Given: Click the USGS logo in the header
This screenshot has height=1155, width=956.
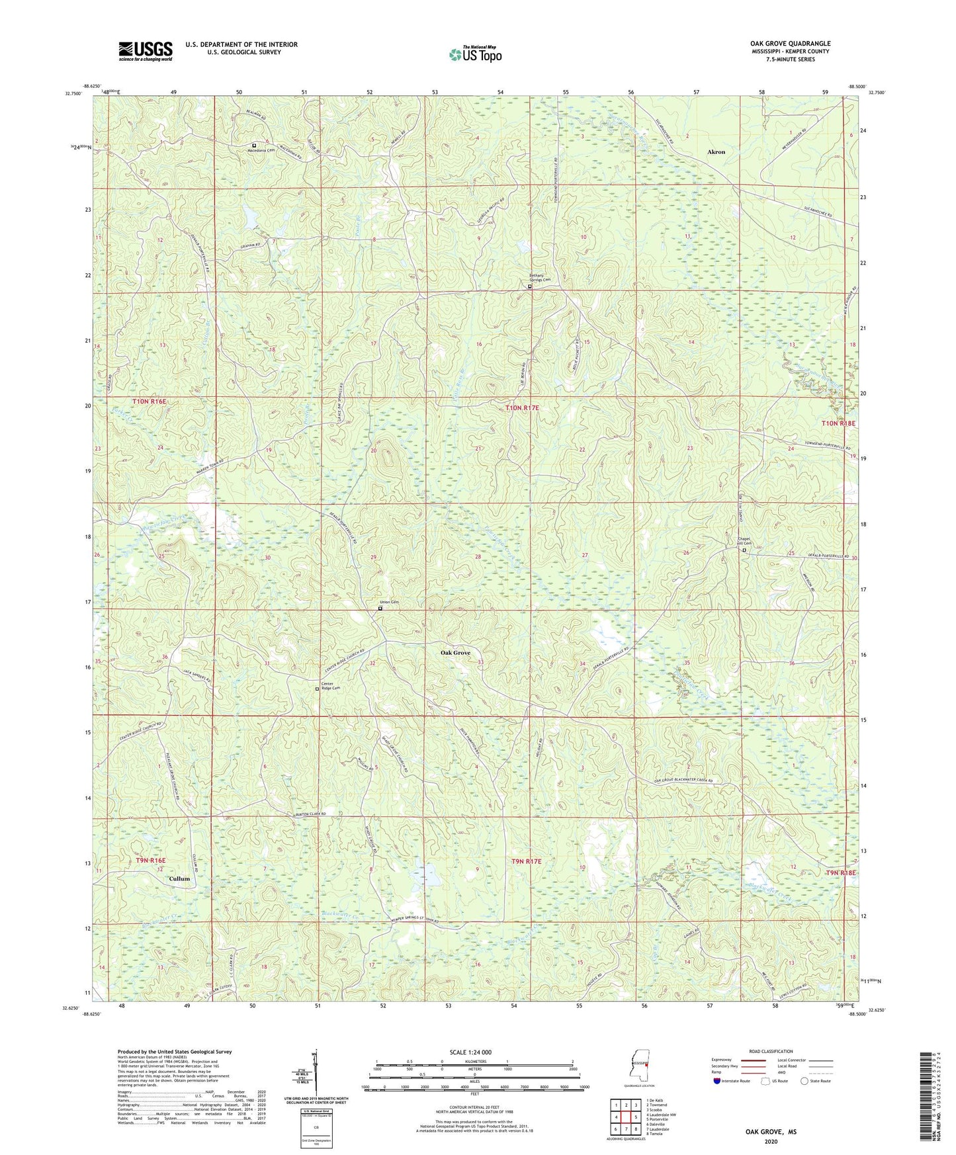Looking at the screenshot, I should (x=146, y=50).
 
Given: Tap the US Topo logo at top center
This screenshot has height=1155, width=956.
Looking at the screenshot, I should (x=475, y=54).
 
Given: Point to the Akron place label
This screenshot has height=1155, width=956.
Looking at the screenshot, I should (x=716, y=152).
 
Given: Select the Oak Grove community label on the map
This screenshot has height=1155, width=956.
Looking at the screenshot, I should (x=455, y=653).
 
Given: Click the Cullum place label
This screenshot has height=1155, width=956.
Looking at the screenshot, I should (x=179, y=879).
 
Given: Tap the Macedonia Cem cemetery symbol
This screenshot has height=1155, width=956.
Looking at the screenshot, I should (x=254, y=145).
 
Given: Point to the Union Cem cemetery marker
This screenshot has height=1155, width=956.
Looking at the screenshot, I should (x=380, y=609).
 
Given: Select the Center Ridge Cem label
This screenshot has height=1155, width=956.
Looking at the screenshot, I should (x=331, y=686).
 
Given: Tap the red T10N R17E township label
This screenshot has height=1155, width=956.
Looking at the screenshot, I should (x=522, y=409).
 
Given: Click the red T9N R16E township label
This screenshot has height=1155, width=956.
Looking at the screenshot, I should (x=151, y=861).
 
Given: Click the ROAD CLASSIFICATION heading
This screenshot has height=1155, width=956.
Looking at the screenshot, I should (x=771, y=1051).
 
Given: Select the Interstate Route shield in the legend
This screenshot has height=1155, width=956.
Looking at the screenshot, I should (x=718, y=1081).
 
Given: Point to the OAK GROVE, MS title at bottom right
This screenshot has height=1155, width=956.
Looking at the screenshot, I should (x=771, y=1132).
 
